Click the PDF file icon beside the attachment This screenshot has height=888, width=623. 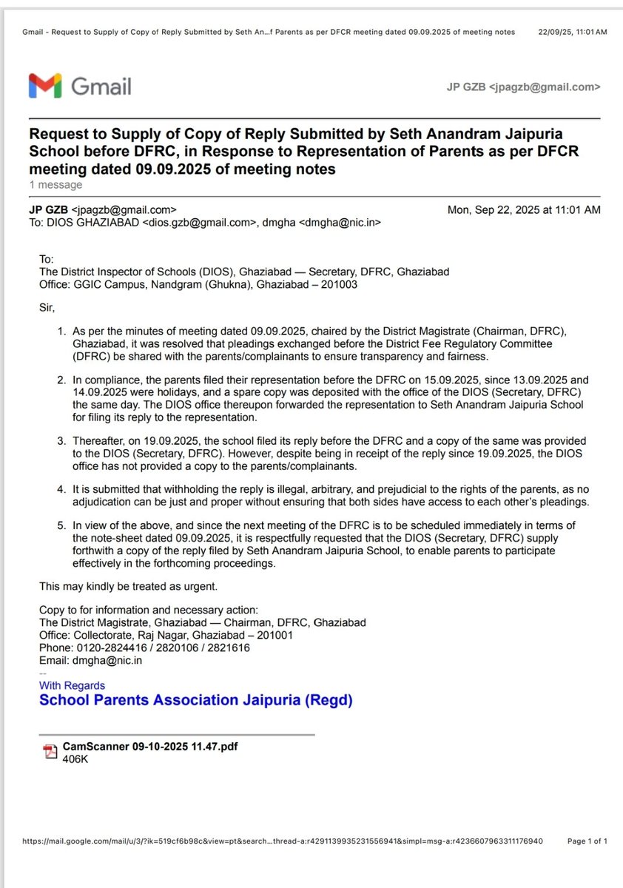[x=50, y=752]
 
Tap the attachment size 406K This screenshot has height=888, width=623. [x=75, y=758]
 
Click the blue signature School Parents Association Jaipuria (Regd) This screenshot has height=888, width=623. [x=195, y=700]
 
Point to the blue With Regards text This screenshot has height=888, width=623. [x=72, y=685]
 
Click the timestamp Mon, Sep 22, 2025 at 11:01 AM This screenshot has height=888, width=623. [x=524, y=210]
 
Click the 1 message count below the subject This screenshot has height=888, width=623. [x=55, y=185]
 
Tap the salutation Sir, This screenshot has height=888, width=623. [x=47, y=306]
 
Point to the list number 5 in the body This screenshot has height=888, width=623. [x=61, y=525]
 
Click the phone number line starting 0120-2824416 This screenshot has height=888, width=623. [x=144, y=647]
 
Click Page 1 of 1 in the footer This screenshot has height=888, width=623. [x=587, y=841]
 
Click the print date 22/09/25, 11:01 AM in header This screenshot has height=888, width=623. [x=572, y=33]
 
